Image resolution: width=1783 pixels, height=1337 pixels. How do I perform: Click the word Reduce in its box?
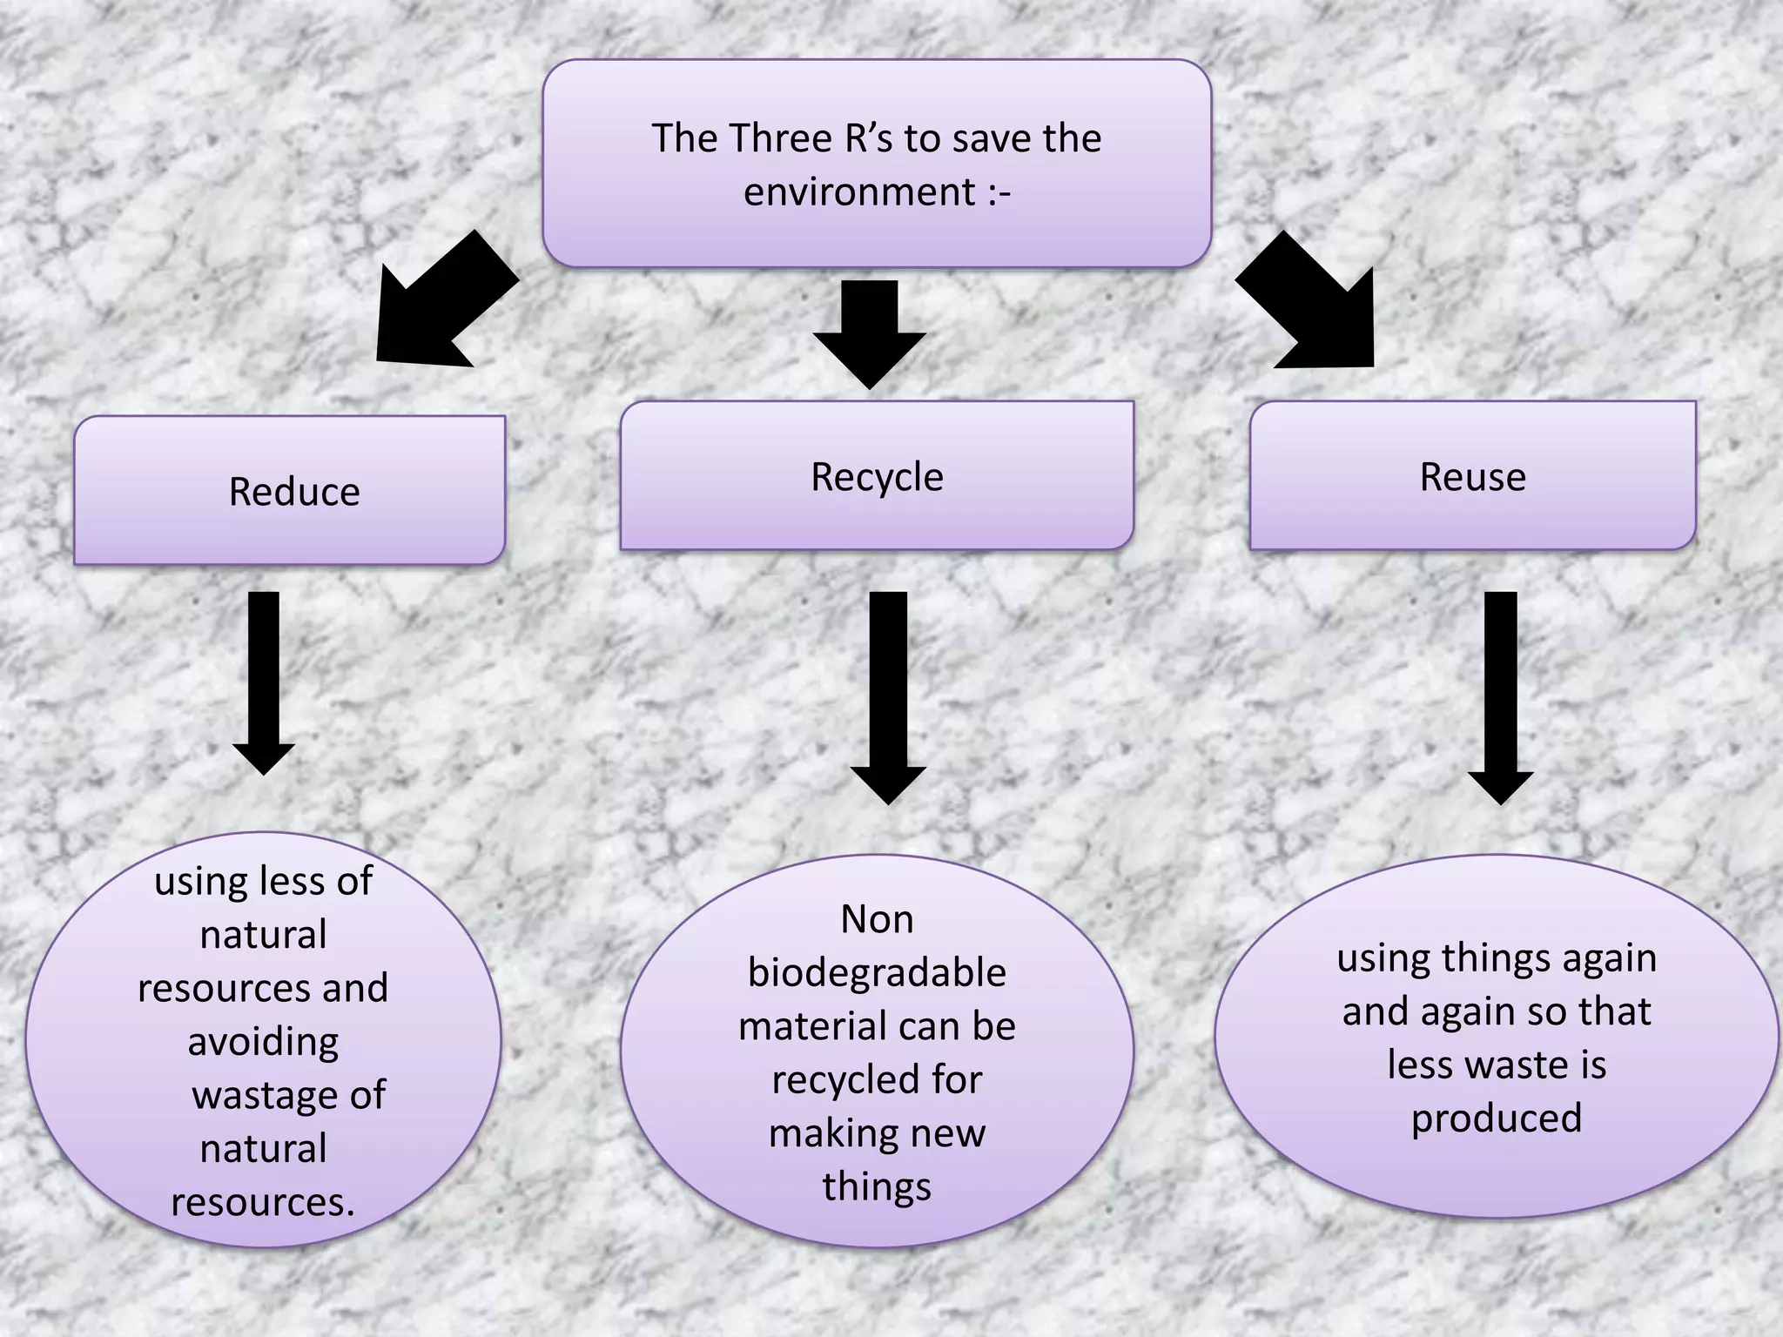click(294, 493)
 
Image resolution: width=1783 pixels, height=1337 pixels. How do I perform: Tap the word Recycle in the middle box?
click(877, 478)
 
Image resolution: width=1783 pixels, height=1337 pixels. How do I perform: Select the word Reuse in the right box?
click(1472, 478)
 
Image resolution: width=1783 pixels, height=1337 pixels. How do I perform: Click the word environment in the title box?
click(859, 192)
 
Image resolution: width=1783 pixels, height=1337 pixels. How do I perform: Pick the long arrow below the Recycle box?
click(888, 696)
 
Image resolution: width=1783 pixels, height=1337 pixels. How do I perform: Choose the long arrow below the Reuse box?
click(1500, 696)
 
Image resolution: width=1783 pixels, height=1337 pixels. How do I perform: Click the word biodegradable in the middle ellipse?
click(877, 973)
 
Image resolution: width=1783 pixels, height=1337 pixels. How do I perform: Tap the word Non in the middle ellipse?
click(877, 920)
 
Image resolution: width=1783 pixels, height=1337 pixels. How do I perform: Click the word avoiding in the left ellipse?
click(263, 1043)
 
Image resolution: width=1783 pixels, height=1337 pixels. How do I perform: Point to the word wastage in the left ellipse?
click(266, 1096)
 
